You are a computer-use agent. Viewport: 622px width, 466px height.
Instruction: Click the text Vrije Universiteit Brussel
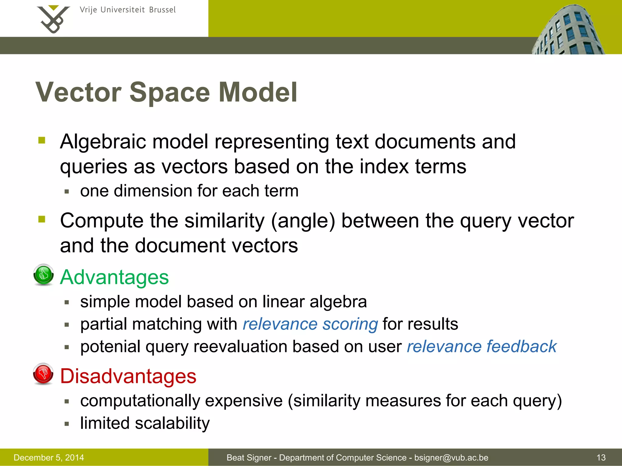click(x=128, y=10)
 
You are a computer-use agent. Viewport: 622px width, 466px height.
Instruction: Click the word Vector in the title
click(x=78, y=92)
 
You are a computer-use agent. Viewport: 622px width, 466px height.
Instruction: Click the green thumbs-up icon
click(x=43, y=275)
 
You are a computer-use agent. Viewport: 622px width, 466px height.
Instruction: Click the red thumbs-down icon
click(x=43, y=373)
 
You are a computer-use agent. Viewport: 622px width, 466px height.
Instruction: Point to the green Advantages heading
click(x=114, y=277)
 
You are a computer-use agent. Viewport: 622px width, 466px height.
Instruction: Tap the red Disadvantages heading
click(x=128, y=376)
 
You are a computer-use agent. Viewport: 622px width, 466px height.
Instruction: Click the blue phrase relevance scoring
click(x=310, y=324)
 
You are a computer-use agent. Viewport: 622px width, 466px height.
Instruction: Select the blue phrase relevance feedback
click(x=482, y=346)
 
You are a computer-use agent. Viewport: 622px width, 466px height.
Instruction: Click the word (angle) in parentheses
click(x=303, y=221)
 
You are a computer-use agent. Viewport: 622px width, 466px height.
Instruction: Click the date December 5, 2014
click(x=49, y=458)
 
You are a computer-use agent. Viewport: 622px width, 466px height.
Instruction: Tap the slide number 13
click(x=601, y=458)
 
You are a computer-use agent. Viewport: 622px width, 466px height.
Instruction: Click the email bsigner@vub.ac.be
click(x=451, y=458)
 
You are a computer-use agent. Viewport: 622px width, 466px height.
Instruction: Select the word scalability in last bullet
click(x=172, y=423)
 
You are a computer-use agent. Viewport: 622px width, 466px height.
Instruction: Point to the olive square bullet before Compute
click(x=42, y=219)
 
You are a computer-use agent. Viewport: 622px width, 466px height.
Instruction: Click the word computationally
click(x=140, y=401)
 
